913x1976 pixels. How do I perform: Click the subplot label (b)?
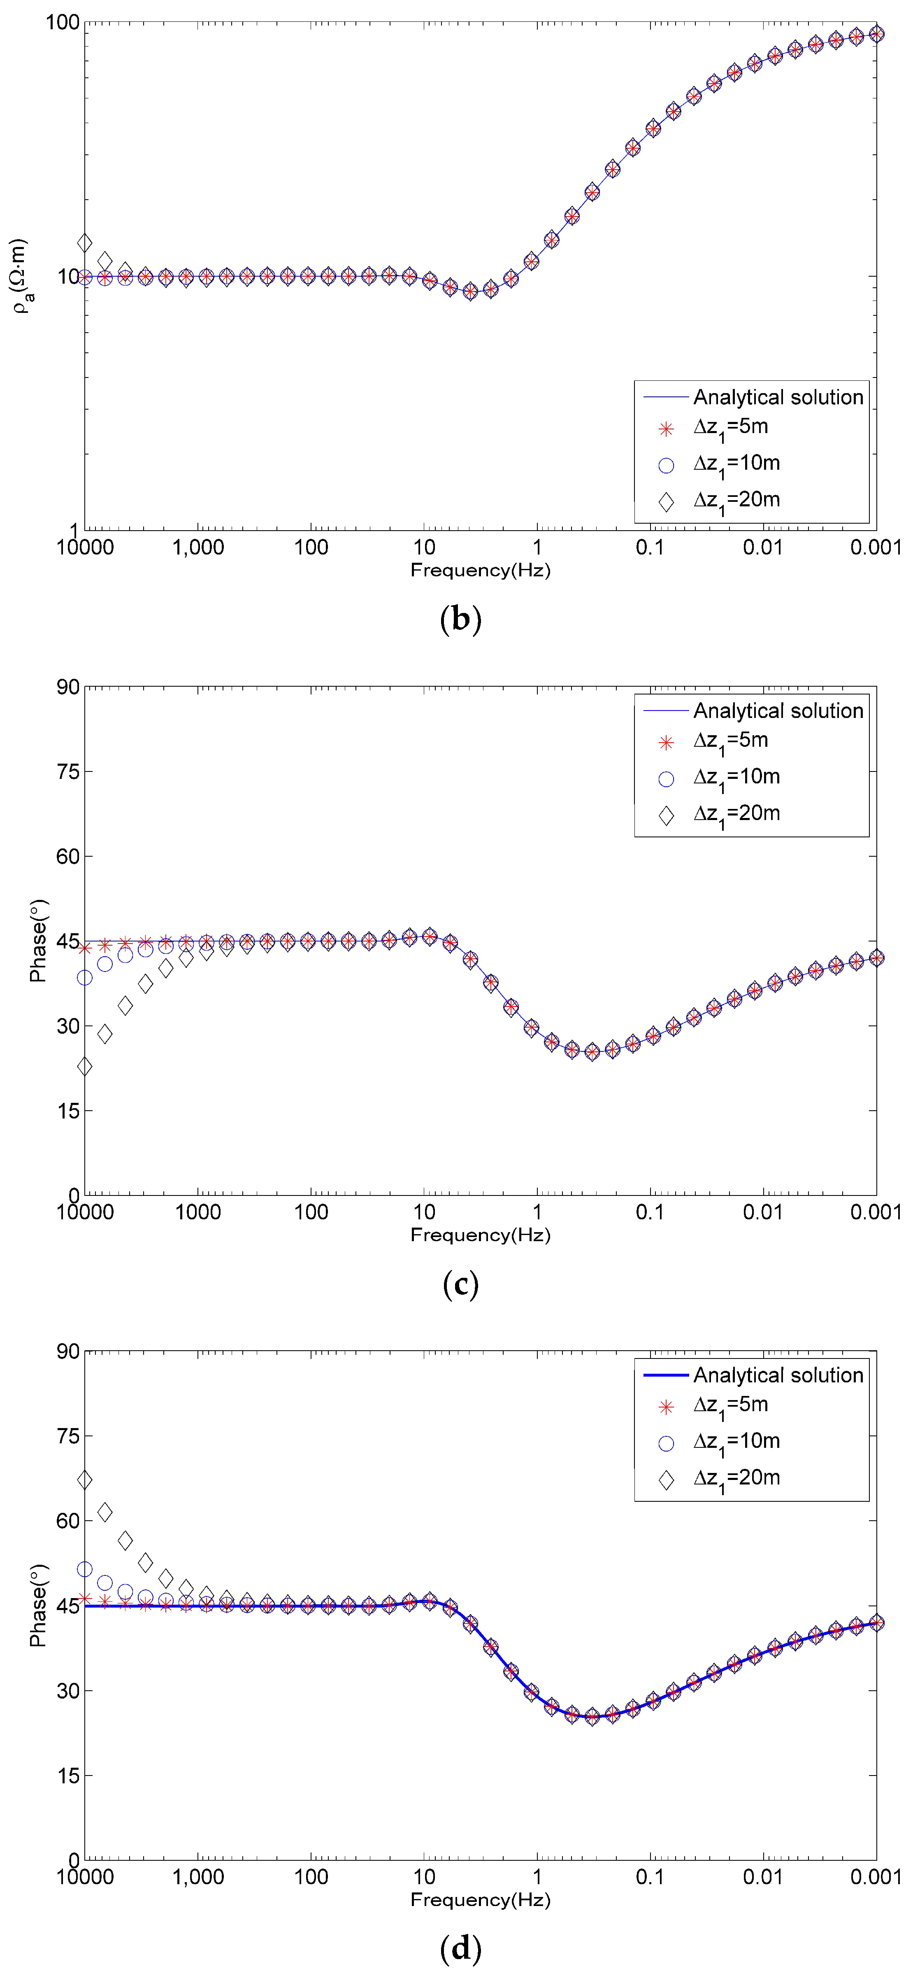point(461,618)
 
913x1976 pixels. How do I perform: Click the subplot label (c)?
point(461,1283)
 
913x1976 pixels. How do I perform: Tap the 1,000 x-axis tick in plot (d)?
point(198,1877)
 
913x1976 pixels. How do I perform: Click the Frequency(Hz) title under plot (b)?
point(481,570)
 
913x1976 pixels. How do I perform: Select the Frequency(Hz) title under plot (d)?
point(481,1899)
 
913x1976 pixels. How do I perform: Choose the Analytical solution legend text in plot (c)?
point(778,711)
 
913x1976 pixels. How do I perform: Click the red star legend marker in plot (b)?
point(666,429)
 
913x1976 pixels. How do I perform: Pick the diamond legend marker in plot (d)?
point(666,1479)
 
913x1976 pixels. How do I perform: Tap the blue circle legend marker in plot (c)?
point(666,778)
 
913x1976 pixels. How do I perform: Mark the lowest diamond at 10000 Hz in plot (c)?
point(85,1066)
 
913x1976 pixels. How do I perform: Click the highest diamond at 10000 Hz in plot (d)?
point(85,1479)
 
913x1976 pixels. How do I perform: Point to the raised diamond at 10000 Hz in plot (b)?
point(85,243)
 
